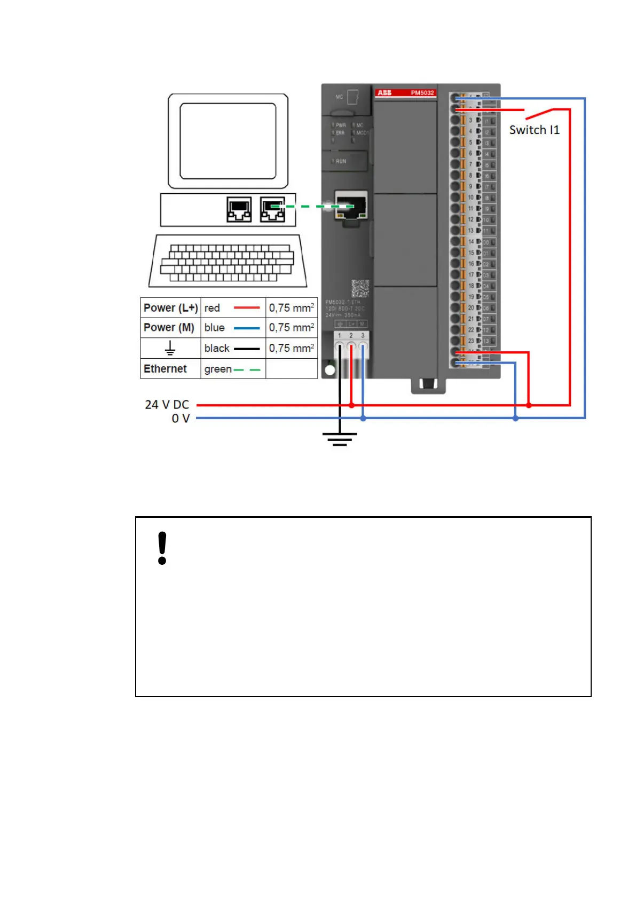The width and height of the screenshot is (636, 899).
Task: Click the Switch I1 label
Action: click(x=534, y=130)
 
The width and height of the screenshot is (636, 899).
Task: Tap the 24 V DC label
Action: click(x=167, y=405)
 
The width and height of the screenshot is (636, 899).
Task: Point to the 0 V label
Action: click(x=180, y=419)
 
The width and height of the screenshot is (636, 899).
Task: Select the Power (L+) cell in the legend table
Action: click(x=170, y=308)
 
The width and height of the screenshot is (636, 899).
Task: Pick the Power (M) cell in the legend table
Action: click(x=169, y=328)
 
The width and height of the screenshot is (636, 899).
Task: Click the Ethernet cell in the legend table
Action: click(x=166, y=369)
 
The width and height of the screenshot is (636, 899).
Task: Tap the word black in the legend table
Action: click(x=217, y=348)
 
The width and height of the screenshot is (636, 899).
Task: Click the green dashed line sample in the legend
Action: click(x=247, y=369)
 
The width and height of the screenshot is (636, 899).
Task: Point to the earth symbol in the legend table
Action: click(x=170, y=349)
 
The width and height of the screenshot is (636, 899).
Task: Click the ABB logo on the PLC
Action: click(x=384, y=93)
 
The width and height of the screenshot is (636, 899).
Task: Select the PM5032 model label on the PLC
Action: click(x=422, y=93)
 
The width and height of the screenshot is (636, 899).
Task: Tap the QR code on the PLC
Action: click(x=360, y=288)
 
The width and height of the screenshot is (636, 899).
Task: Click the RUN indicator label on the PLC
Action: click(x=341, y=161)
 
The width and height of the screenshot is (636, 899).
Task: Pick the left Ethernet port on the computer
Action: click(x=239, y=209)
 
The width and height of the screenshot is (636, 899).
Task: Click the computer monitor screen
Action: click(x=228, y=141)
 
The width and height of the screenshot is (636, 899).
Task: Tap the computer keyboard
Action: click(x=227, y=263)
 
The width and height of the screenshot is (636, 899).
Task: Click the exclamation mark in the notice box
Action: click(x=162, y=548)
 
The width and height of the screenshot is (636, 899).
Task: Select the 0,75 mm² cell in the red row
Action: click(x=292, y=308)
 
